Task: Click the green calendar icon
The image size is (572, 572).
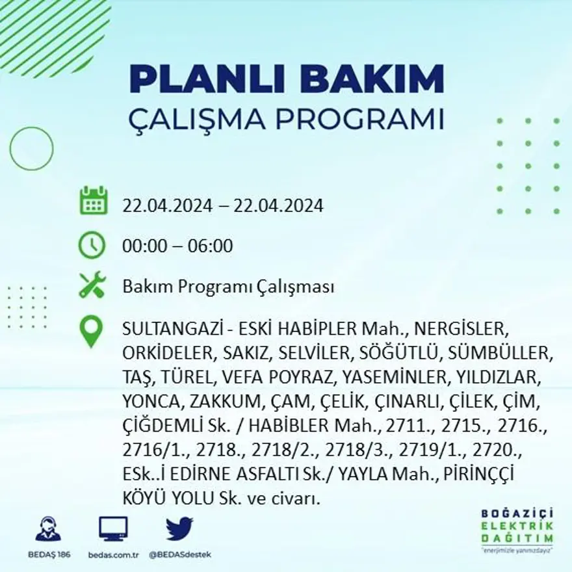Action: (x=93, y=201)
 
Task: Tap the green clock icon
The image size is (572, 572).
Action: (x=92, y=245)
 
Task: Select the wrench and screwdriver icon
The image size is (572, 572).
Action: (x=92, y=285)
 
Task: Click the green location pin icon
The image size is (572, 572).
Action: (x=92, y=331)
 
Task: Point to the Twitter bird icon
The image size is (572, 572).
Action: (x=179, y=529)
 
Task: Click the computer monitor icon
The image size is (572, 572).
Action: (x=113, y=529)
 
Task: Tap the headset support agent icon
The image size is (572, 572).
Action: (x=48, y=529)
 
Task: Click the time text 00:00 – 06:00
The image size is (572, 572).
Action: (x=177, y=246)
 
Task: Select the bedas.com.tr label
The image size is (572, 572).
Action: (x=113, y=554)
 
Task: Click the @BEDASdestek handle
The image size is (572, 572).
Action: (x=180, y=554)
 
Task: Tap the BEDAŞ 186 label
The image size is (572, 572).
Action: (x=49, y=554)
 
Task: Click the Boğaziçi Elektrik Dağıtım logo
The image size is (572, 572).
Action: (x=517, y=530)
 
